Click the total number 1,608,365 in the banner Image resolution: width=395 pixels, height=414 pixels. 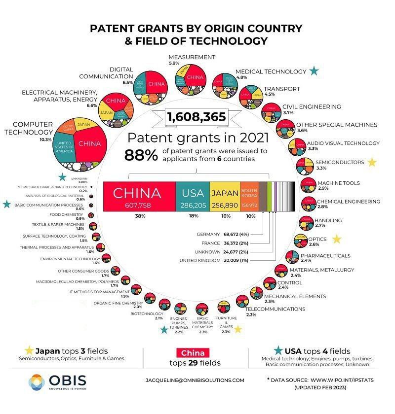[197, 117]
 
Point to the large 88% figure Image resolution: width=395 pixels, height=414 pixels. [141, 155]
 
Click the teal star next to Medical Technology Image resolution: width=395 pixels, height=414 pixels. [314, 71]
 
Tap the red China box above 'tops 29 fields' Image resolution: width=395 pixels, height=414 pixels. [193, 353]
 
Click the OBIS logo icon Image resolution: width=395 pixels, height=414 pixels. [36, 381]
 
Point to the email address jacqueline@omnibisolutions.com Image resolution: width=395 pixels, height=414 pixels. [195, 380]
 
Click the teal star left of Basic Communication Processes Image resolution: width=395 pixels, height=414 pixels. [6, 204]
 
